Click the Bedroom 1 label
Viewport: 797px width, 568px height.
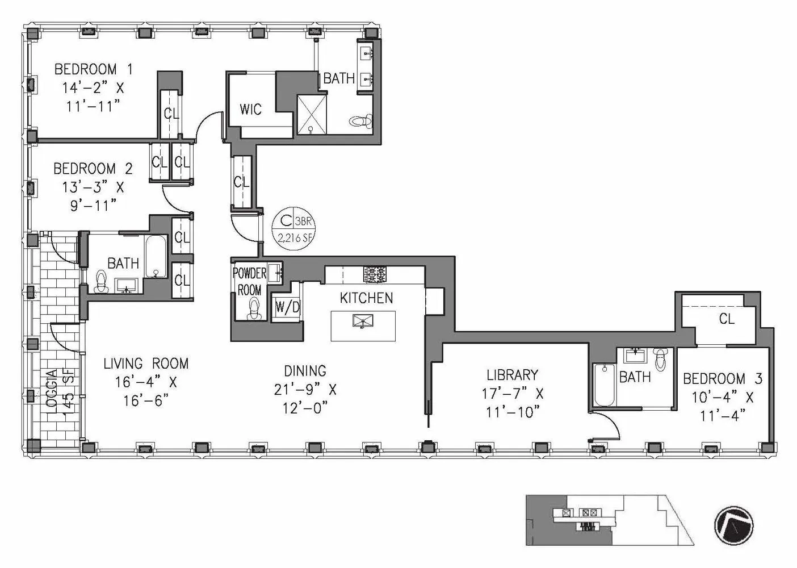(x=93, y=69)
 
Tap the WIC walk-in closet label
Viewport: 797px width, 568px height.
(x=250, y=108)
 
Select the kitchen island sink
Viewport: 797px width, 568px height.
(x=362, y=322)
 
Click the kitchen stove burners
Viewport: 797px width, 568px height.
(x=375, y=275)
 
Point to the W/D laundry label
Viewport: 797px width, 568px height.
(x=287, y=307)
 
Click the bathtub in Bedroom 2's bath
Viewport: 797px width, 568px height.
(x=155, y=257)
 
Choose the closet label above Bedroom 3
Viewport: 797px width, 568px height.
(x=726, y=319)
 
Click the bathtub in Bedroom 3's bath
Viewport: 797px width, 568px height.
(x=603, y=385)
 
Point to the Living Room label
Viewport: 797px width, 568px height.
(x=145, y=364)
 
